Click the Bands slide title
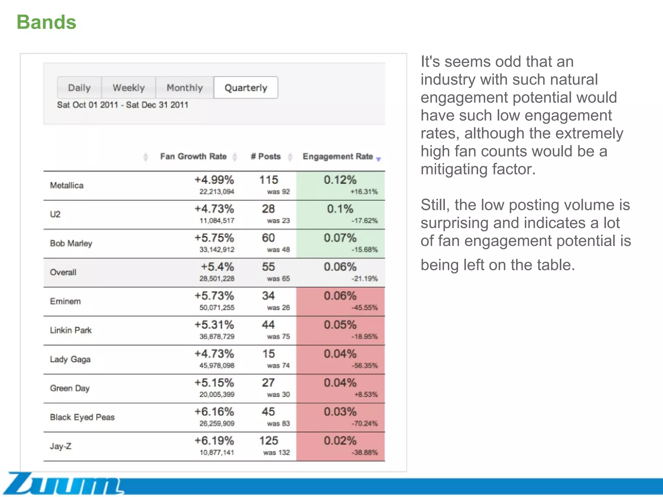click(46, 22)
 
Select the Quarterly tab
click(246, 88)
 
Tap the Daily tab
click(79, 88)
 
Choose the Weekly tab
click(129, 88)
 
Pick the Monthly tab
click(185, 88)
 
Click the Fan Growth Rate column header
click(193, 157)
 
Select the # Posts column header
click(265, 157)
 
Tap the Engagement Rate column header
click(338, 157)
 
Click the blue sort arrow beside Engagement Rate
click(378, 159)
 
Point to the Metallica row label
click(67, 185)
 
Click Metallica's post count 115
click(269, 180)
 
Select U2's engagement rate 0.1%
click(340, 209)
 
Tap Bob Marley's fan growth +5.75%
click(214, 238)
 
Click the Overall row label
click(63, 272)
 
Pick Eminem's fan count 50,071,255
click(217, 307)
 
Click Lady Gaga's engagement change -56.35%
click(365, 366)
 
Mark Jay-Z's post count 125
click(269, 441)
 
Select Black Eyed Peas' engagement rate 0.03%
click(340, 412)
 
